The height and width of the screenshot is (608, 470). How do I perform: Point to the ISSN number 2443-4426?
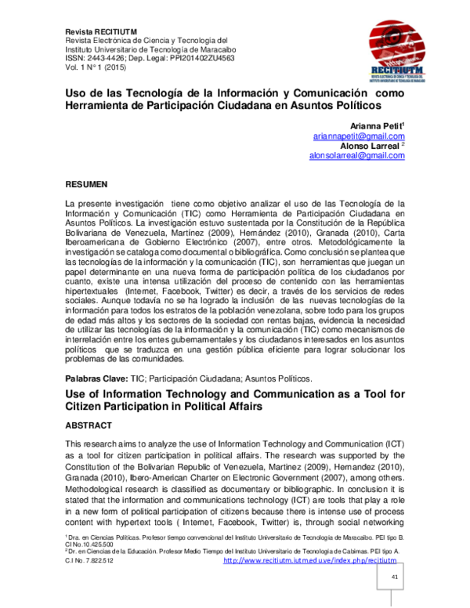point(108,59)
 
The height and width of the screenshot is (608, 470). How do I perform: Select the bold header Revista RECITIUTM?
point(103,31)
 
